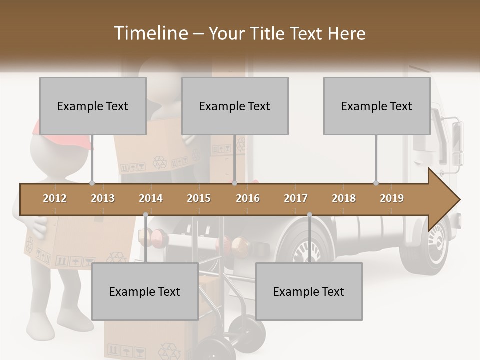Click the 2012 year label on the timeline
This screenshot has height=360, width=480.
click(55, 199)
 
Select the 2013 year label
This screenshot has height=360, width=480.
click(103, 199)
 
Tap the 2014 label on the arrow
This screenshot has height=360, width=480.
click(151, 199)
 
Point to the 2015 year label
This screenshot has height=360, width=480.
click(199, 199)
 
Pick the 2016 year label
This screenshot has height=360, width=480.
click(248, 199)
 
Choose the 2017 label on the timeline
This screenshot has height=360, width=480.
click(296, 199)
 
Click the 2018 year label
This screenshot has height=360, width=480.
click(344, 199)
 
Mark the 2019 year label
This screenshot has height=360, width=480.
click(392, 199)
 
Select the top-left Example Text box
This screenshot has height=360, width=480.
click(93, 106)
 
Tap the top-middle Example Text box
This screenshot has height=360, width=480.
click(235, 106)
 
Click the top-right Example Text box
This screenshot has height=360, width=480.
click(377, 106)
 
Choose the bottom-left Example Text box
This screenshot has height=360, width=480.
click(145, 292)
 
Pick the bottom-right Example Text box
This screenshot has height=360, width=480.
click(309, 292)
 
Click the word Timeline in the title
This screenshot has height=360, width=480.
click(150, 33)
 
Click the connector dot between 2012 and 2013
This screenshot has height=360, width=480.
click(92, 183)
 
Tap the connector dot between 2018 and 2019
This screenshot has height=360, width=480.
click(376, 183)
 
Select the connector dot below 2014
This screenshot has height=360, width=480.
click(145, 215)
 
